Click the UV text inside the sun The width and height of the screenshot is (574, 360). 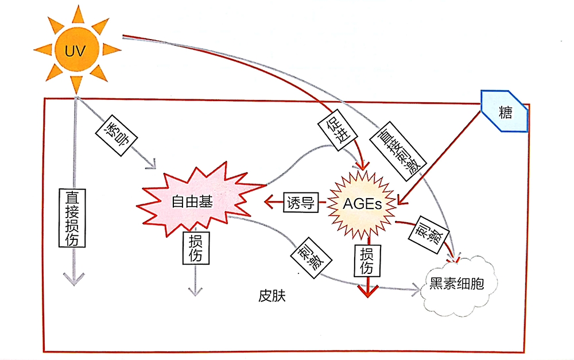75,51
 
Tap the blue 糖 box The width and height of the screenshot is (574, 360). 504,112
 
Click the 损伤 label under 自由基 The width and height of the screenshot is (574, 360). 196,248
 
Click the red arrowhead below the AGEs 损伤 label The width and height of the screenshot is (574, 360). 368,290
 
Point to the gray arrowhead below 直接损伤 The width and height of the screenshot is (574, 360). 73,278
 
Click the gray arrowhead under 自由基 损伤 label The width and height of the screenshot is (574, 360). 196,289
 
